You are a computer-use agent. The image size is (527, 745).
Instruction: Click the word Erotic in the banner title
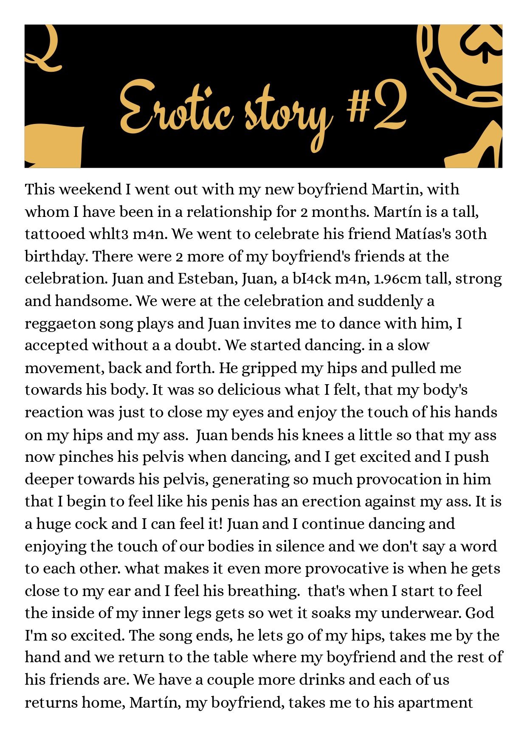pos(176,106)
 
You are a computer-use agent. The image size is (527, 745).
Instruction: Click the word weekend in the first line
pos(90,189)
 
